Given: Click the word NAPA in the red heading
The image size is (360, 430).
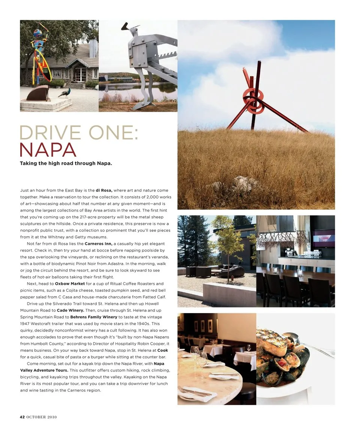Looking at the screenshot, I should [48, 150].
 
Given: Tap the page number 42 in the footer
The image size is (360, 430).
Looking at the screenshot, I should [22, 417].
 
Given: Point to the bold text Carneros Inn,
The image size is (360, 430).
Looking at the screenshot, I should [99, 244].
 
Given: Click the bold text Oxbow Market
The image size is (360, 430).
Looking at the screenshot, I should [67, 284].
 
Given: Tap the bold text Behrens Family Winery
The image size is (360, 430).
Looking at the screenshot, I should [94, 317].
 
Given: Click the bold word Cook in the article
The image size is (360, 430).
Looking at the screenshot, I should [162, 351].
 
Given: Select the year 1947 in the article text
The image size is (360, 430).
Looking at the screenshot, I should [26, 324].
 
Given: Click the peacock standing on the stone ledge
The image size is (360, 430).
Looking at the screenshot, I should [64, 93].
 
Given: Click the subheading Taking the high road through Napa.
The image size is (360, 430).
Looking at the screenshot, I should [66, 163].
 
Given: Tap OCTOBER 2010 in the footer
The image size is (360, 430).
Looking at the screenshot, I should [42, 417].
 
